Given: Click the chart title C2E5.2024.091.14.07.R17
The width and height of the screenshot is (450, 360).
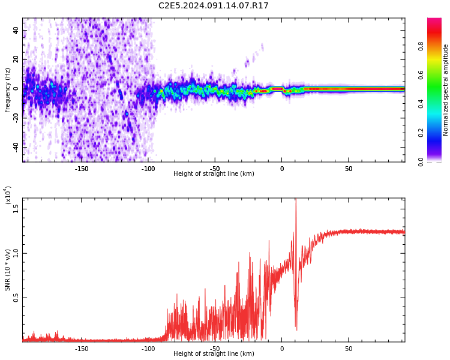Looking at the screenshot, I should (213, 5).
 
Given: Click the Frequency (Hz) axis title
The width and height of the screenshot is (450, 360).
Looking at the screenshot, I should (8, 90).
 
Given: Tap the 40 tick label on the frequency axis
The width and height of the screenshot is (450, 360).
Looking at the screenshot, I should (16, 29).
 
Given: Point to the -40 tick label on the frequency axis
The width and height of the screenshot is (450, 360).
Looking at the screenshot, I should (16, 146).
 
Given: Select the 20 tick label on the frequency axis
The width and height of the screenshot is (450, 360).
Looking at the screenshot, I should (16, 59).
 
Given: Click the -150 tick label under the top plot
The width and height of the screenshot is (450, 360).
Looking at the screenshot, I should (82, 169).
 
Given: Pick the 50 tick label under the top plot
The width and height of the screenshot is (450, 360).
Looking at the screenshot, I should (349, 169).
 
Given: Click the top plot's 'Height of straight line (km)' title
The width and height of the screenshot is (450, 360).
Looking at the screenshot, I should (214, 174).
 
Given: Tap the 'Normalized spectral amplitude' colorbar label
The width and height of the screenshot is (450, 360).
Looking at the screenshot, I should (446, 90).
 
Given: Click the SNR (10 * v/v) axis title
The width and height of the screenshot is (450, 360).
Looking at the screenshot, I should (8, 270).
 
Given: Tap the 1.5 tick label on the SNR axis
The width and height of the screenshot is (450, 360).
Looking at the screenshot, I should (16, 208).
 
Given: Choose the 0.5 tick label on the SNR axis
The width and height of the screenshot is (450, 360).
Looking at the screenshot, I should (16, 298).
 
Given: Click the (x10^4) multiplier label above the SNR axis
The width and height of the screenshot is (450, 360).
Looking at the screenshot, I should (8, 195).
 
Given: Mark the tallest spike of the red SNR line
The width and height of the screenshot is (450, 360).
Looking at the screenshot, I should (295, 200).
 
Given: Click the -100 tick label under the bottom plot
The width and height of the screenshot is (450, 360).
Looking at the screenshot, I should (148, 349).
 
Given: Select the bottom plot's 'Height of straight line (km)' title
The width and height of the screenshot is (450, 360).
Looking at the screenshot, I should (214, 354).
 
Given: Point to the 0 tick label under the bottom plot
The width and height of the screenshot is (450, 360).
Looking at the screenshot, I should (282, 349).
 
